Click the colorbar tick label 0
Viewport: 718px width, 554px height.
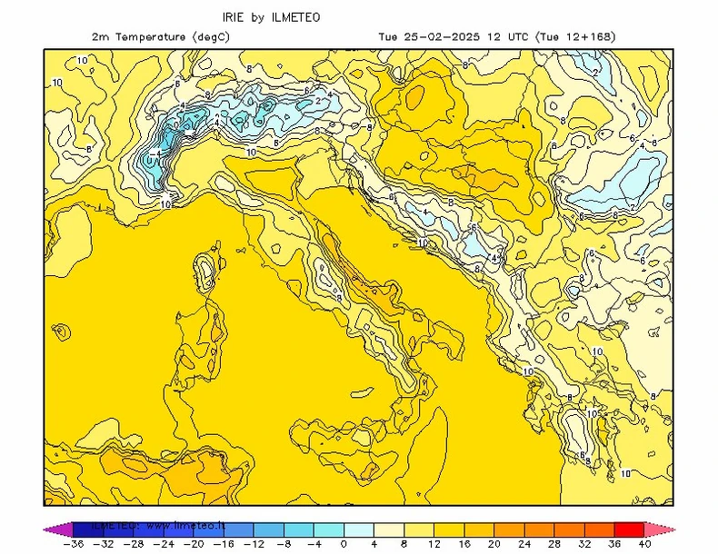(344, 544)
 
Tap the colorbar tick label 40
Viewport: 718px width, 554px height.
(644, 544)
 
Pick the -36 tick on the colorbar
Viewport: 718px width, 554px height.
(73, 544)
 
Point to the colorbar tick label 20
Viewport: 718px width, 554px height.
(494, 544)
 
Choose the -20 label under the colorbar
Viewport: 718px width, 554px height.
(193, 544)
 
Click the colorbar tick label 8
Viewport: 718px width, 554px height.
(404, 544)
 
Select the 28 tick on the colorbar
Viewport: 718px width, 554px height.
(553, 544)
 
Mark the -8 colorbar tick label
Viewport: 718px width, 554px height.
(283, 544)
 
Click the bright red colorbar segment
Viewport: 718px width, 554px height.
(629, 529)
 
